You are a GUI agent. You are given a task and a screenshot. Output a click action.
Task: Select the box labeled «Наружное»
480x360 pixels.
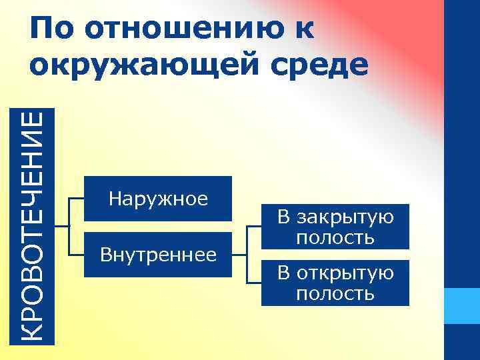click(x=158, y=198)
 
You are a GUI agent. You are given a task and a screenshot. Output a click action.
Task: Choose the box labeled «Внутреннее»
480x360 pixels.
click(x=158, y=254)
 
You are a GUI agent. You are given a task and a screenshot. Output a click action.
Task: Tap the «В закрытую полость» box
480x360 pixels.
click(x=335, y=227)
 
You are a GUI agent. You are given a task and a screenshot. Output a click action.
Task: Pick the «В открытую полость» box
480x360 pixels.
click(x=335, y=283)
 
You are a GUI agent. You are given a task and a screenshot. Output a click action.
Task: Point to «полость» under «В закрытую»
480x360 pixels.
click(x=335, y=237)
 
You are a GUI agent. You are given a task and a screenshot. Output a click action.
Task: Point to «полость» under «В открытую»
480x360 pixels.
click(x=335, y=293)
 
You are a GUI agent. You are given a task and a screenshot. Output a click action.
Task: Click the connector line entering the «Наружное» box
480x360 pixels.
click(x=77, y=198)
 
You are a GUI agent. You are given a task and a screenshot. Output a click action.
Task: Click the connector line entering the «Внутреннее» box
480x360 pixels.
click(x=77, y=254)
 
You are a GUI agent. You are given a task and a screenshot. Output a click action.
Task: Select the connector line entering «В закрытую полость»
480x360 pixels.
click(x=254, y=226)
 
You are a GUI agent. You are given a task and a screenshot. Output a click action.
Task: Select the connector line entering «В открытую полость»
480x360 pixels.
click(x=254, y=283)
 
